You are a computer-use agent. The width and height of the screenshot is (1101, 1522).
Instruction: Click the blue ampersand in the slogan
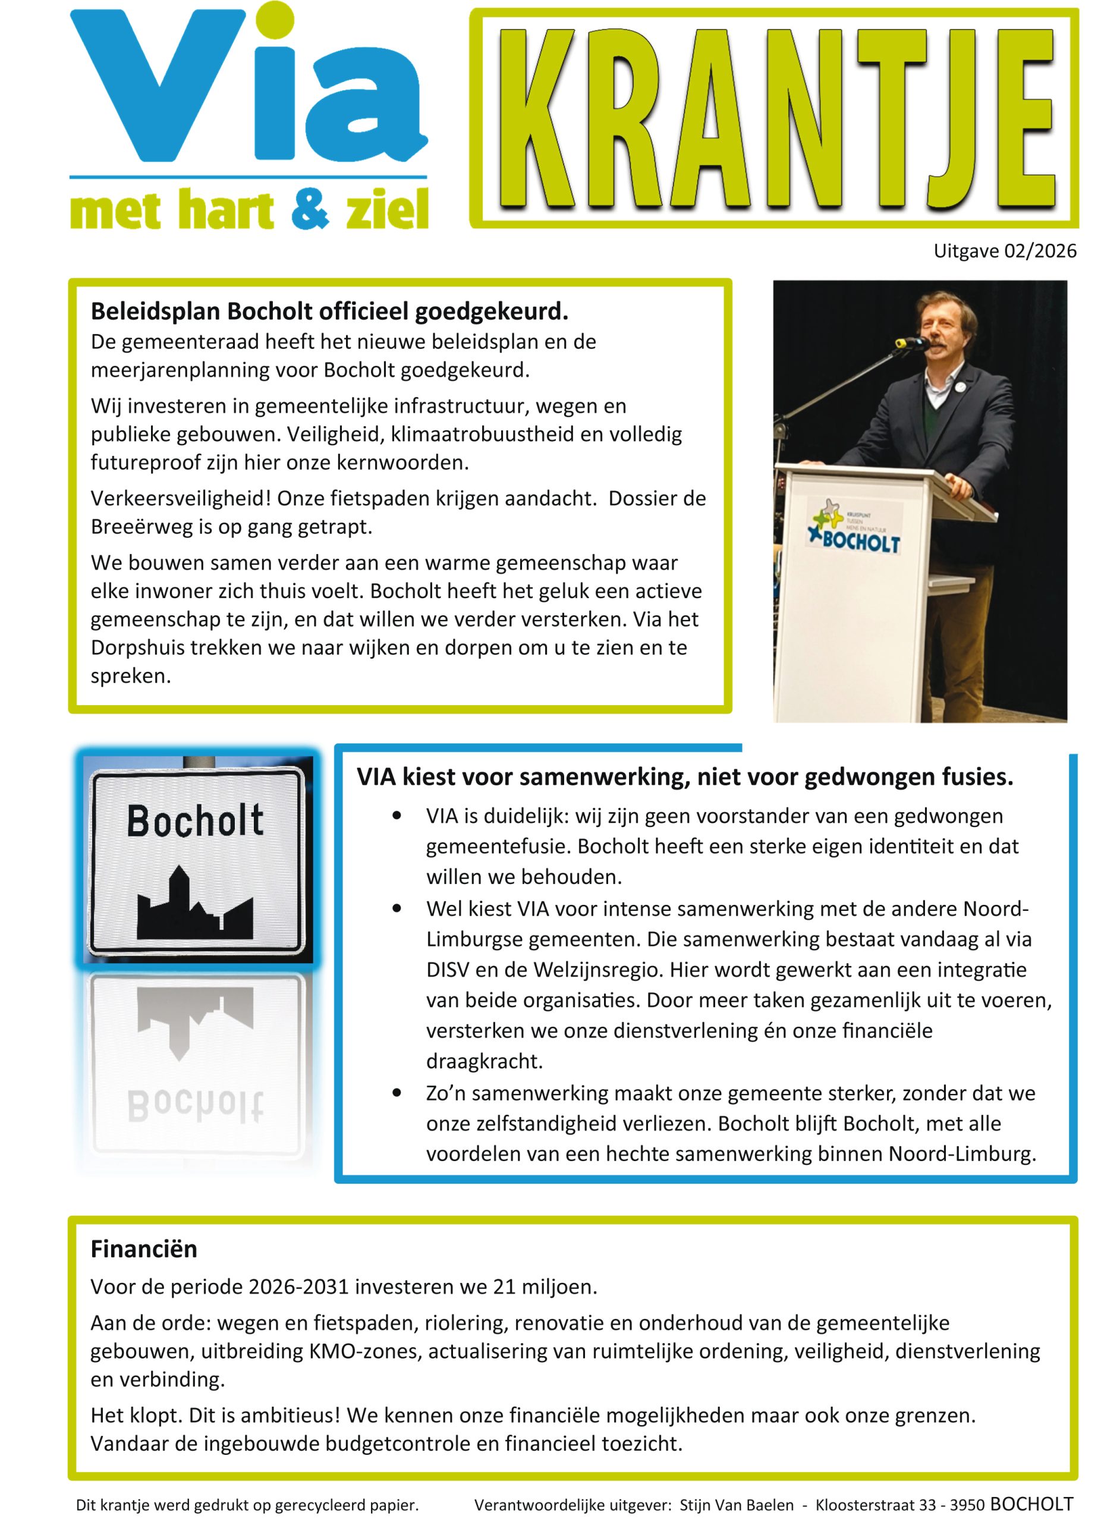pyautogui.click(x=309, y=209)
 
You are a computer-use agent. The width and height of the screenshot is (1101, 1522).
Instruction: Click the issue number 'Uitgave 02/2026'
pyautogui.click(x=1004, y=251)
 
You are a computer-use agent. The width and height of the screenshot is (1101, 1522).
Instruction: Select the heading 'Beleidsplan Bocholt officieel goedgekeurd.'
pyautogui.click(x=329, y=312)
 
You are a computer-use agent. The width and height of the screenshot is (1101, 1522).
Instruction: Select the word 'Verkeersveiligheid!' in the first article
pyautogui.click(x=181, y=499)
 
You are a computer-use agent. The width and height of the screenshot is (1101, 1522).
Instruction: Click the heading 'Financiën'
pyautogui.click(x=144, y=1249)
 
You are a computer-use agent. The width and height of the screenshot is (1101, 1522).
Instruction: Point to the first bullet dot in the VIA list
pyautogui.click(x=397, y=817)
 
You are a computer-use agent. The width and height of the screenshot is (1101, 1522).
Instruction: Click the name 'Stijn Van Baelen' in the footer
pyautogui.click(x=736, y=1505)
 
